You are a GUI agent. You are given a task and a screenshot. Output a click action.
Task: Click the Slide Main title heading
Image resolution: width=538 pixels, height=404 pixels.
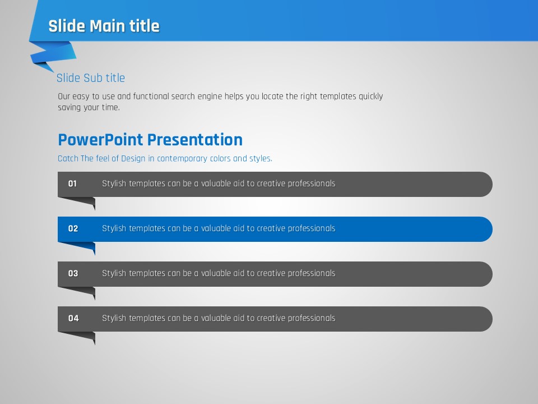[104, 26]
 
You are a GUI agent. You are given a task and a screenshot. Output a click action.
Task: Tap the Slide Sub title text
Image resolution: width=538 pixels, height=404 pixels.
[91, 78]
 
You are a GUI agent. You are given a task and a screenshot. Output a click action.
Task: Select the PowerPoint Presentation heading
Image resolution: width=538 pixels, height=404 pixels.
[150, 140]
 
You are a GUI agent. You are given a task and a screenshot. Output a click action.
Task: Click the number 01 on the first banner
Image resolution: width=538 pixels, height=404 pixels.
[72, 184]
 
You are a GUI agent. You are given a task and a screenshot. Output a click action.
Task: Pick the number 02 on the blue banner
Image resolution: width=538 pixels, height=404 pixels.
[73, 229]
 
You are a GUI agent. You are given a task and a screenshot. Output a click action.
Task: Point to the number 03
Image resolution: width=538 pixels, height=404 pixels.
[73, 273]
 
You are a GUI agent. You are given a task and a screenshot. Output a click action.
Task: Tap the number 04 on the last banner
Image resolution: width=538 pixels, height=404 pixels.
[73, 319]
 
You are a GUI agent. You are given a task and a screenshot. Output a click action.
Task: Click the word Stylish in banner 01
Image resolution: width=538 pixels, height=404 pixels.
[114, 184]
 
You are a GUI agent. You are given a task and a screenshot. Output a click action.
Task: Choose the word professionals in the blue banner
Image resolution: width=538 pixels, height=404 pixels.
[312, 229]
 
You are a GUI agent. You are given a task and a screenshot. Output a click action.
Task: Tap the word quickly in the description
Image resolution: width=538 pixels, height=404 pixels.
[371, 97]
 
